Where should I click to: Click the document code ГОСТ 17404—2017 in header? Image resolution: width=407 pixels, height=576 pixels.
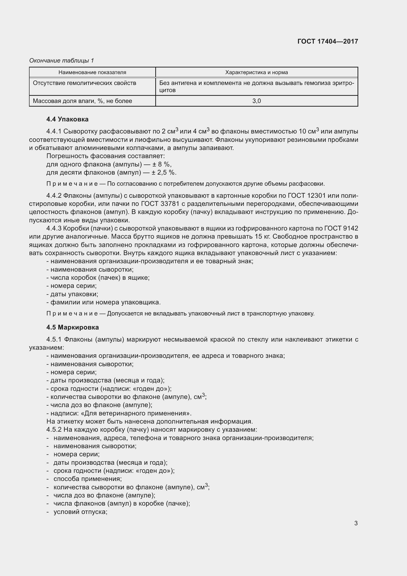coord(328,41)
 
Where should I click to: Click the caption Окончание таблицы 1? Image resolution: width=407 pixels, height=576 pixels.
coord(62,61)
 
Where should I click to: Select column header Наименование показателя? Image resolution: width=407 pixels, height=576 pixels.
coord(92,72)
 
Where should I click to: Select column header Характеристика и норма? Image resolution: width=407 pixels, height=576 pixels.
coord(256,72)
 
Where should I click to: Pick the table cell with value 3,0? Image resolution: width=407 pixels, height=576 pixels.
coord(256,101)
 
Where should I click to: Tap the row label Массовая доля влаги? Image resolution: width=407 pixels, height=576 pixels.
coord(82,101)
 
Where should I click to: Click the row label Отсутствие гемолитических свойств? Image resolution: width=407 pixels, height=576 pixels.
coord(84,83)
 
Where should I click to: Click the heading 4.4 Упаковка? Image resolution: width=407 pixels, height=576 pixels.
coord(67,119)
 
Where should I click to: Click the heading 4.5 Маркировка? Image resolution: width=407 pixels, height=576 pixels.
coord(72,327)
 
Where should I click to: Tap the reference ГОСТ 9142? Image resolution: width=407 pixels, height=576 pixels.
coord(341,228)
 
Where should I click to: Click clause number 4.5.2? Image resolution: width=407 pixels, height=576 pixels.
coord(54,429)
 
